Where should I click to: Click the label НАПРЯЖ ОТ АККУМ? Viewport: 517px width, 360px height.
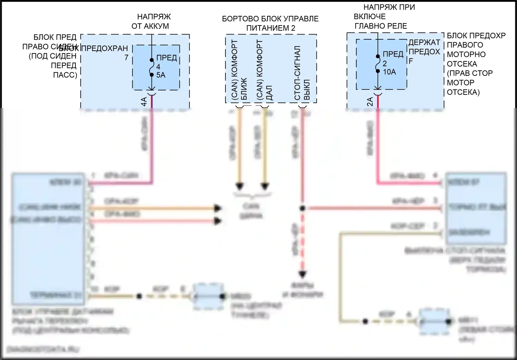[x=150, y=21]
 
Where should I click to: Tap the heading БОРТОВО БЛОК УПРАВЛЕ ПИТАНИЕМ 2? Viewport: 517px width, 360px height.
[x=270, y=23]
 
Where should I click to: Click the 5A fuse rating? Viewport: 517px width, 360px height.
[x=161, y=75]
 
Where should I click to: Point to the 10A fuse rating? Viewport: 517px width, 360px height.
[x=389, y=72]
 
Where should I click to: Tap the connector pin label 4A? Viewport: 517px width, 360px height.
[x=144, y=101]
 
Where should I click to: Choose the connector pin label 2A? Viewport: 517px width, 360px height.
[x=370, y=101]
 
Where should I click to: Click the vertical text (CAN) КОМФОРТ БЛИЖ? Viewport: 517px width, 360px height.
[x=239, y=71]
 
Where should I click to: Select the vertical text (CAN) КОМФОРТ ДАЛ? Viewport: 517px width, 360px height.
[x=264, y=71]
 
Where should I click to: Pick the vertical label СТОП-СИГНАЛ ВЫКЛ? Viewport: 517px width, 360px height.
[x=303, y=73]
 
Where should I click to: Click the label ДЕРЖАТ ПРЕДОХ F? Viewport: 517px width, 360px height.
[x=424, y=51]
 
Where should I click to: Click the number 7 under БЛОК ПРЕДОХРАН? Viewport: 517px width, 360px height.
[x=126, y=58]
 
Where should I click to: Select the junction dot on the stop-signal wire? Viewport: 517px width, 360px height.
[x=302, y=208]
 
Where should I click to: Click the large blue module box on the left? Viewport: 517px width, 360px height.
[x=48, y=239]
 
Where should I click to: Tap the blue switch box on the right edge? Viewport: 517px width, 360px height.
[x=476, y=208]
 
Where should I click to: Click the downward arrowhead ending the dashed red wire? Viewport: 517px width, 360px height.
[x=302, y=274]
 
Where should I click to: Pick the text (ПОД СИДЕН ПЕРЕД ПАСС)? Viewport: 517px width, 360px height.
[x=53, y=65]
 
